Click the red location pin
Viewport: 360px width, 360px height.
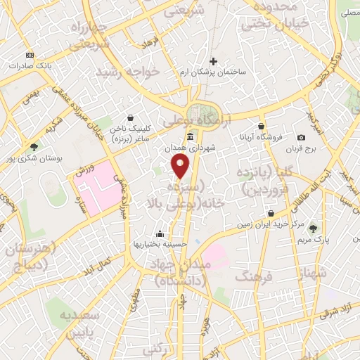point(181,167)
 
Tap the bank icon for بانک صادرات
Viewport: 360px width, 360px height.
point(29,55)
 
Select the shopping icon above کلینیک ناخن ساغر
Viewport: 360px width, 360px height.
point(130,118)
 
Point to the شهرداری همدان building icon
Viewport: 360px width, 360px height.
point(190,136)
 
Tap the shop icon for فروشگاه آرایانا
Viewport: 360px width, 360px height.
point(262,122)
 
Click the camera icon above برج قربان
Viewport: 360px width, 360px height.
point(301,137)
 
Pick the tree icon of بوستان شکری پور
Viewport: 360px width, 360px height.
point(33,147)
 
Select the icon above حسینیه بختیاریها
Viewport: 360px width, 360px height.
point(160,233)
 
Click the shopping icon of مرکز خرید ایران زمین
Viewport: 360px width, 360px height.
point(271,213)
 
